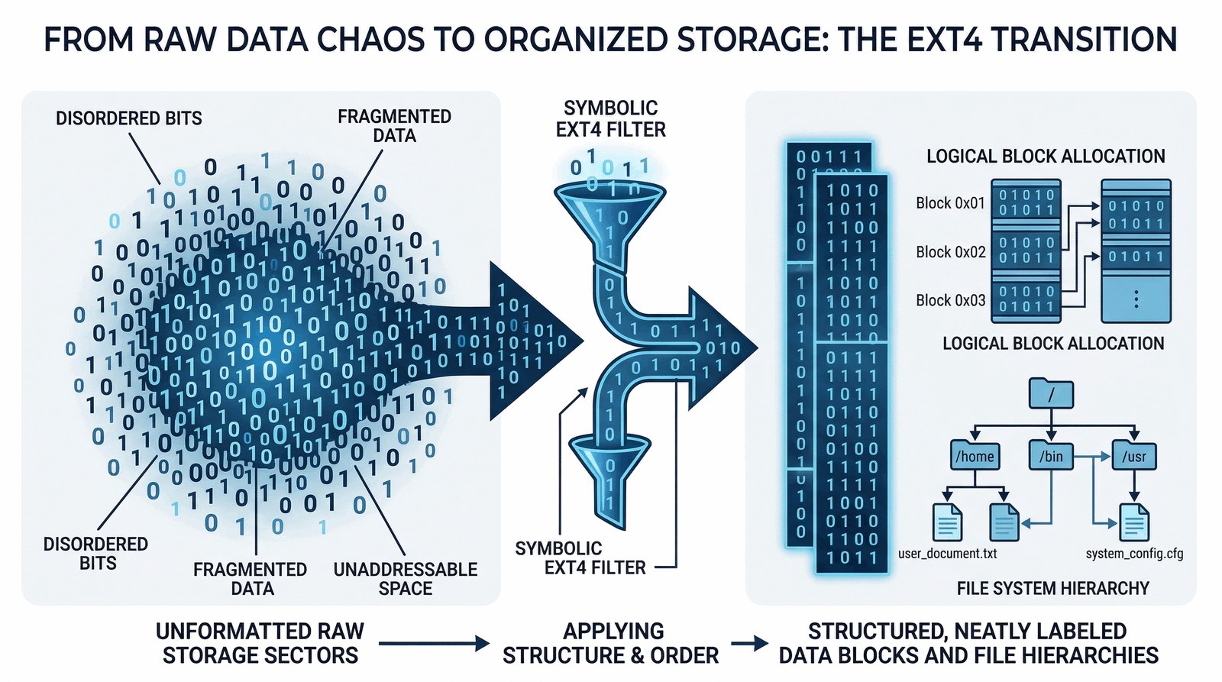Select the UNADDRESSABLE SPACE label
pos(406,579)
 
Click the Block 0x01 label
pos(950,203)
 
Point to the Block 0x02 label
pos(950,252)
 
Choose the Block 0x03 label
pos(950,301)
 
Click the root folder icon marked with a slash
pos(1051,394)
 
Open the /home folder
pos(975,456)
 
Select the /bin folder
pos(1051,456)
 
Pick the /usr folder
pos(1134,456)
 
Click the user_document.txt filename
pos(947,553)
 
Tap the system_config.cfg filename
pos(1134,553)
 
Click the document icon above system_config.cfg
pos(1134,522)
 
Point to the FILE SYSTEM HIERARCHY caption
pos(1052,588)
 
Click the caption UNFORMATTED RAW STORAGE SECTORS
pos(260,643)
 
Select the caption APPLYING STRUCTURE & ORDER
pos(611,643)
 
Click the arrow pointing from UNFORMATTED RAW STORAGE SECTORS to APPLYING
pos(433,644)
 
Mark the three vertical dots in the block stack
pos(1136,299)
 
